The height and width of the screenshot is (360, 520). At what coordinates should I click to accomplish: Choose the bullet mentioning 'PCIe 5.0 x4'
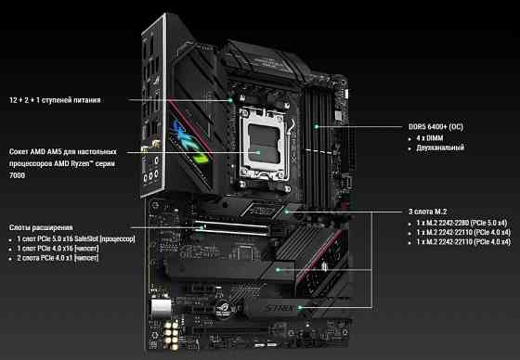point(449,224)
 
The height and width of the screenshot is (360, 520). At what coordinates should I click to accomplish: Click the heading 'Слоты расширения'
point(41,227)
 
